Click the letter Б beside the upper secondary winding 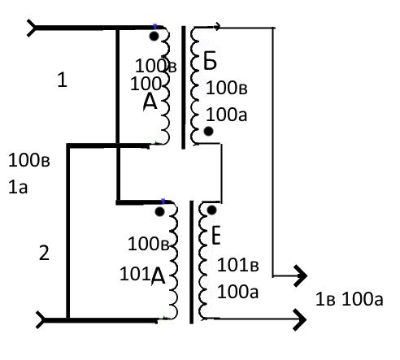pyautogui.click(x=210, y=60)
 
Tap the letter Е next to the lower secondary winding pyautogui.click(x=215, y=236)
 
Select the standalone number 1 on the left pyautogui.click(x=63, y=80)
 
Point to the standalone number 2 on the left pyautogui.click(x=44, y=253)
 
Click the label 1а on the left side pyautogui.click(x=18, y=187)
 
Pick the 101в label pyautogui.click(x=238, y=265)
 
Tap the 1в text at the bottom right pyautogui.click(x=325, y=300)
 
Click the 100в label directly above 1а pyautogui.click(x=29, y=160)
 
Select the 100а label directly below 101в pyautogui.click(x=238, y=292)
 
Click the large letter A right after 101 pyautogui.click(x=158, y=275)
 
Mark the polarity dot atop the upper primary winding pyautogui.click(x=154, y=36)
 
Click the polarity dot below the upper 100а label pyautogui.click(x=208, y=132)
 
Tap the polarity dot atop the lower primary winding pyautogui.click(x=160, y=211)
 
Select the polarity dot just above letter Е pyautogui.click(x=211, y=210)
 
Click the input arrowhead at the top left pyautogui.click(x=32, y=28)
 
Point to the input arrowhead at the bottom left pyautogui.click(x=41, y=320)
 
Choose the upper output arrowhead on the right pyautogui.click(x=301, y=275)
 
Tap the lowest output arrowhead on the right pyautogui.click(x=300, y=319)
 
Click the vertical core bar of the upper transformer pyautogui.click(x=184, y=88)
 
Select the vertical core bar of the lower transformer pyautogui.click(x=192, y=262)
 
